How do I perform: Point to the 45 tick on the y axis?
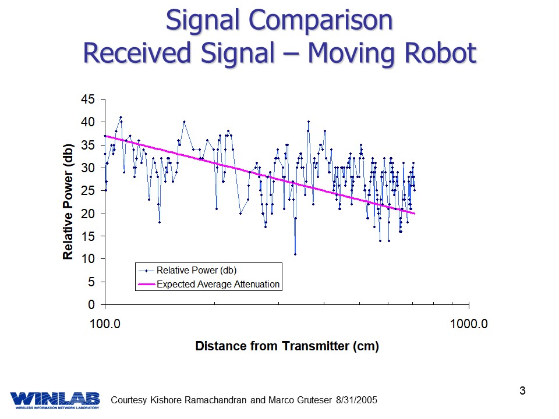click(x=88, y=99)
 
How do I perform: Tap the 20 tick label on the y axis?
click(x=88, y=213)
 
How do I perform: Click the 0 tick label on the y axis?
click(x=91, y=304)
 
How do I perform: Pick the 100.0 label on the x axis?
click(x=105, y=324)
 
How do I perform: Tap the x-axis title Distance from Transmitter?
click(x=286, y=346)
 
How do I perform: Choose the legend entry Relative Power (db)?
click(x=196, y=270)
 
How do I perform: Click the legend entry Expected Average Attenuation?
click(x=218, y=285)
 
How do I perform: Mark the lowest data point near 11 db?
click(x=295, y=254)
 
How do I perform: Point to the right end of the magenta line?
click(x=414, y=214)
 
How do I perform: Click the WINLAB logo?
click(x=55, y=399)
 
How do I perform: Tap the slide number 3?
click(x=522, y=390)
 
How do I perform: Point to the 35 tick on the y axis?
click(x=88, y=145)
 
